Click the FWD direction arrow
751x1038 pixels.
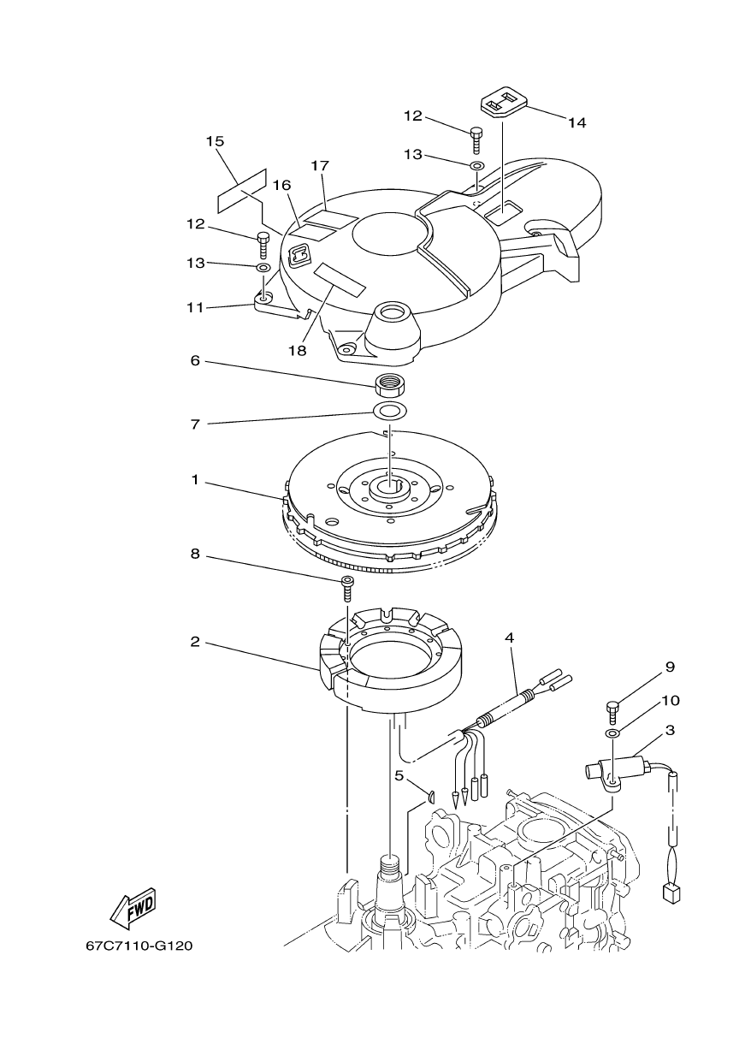pyautogui.click(x=133, y=909)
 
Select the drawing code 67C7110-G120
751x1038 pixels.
pyautogui.click(x=139, y=946)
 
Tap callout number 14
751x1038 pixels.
pyautogui.click(x=577, y=122)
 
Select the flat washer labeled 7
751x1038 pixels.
pyautogui.click(x=389, y=411)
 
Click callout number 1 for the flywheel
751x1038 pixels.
pyautogui.click(x=195, y=480)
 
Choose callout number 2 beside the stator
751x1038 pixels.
pyautogui.click(x=195, y=641)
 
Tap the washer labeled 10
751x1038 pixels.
pyautogui.click(x=612, y=734)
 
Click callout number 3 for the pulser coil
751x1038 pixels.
pyautogui.click(x=670, y=730)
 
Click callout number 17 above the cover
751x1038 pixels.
pyautogui.click(x=321, y=164)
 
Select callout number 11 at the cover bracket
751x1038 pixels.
pyautogui.click(x=195, y=306)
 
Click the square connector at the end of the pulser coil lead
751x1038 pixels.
pyautogui.click(x=671, y=893)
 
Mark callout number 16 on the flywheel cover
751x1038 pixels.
pyautogui.click(x=281, y=184)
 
